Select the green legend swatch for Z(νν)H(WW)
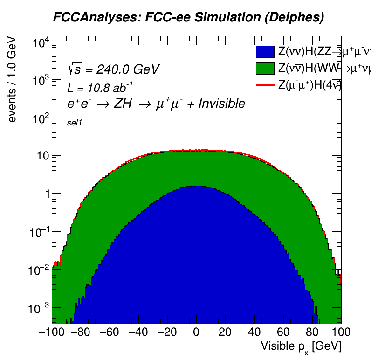[x=265, y=68]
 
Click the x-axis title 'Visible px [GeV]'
[x=301, y=347]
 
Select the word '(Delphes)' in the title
[x=295, y=18]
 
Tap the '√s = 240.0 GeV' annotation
[x=114, y=69]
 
